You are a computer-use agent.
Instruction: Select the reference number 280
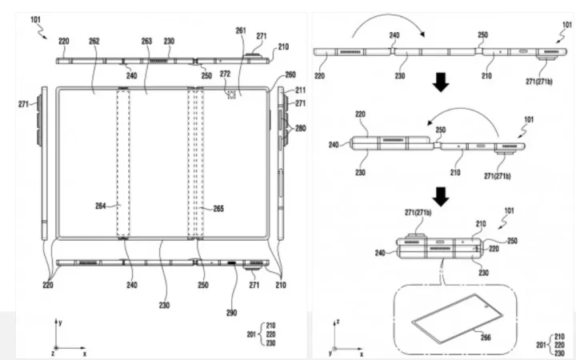pos(299,127)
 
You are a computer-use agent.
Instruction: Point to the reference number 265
pos(218,209)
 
